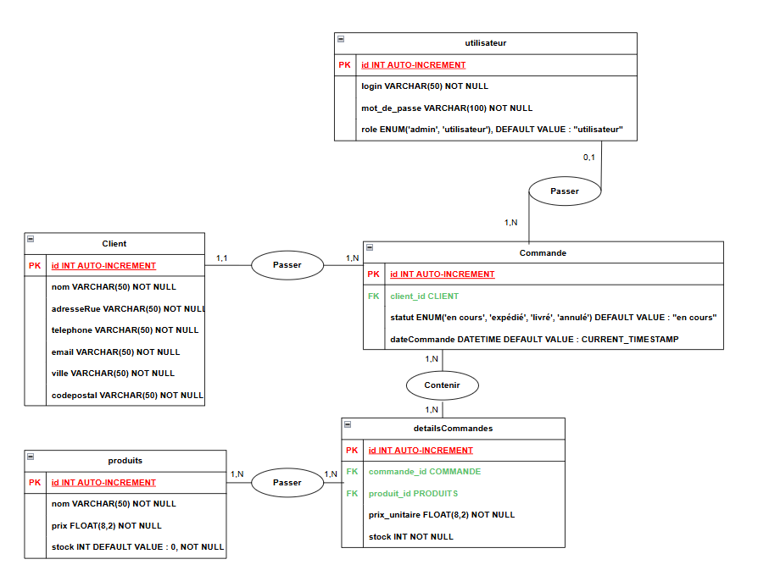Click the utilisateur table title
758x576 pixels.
tap(486, 42)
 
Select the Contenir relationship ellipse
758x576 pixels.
tap(443, 385)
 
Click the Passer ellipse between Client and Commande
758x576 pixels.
tap(287, 265)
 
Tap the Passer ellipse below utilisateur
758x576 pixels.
tap(564, 191)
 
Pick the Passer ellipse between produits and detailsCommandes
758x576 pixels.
tap(287, 482)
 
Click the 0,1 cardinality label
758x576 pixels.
tap(589, 158)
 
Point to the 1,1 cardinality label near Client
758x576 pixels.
tap(221, 258)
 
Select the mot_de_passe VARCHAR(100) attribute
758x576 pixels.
tap(447, 108)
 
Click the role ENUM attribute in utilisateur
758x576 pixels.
tap(492, 130)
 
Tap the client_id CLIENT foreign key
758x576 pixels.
tap(424, 296)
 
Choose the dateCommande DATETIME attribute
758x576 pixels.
tap(534, 339)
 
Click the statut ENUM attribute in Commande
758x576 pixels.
tap(554, 318)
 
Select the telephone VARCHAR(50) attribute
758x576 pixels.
tap(125, 330)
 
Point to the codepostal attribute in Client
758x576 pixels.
tap(127, 395)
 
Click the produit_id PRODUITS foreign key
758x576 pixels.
tap(413, 493)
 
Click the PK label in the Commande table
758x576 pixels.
tap(373, 274)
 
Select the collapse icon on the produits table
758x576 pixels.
tap(31, 457)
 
